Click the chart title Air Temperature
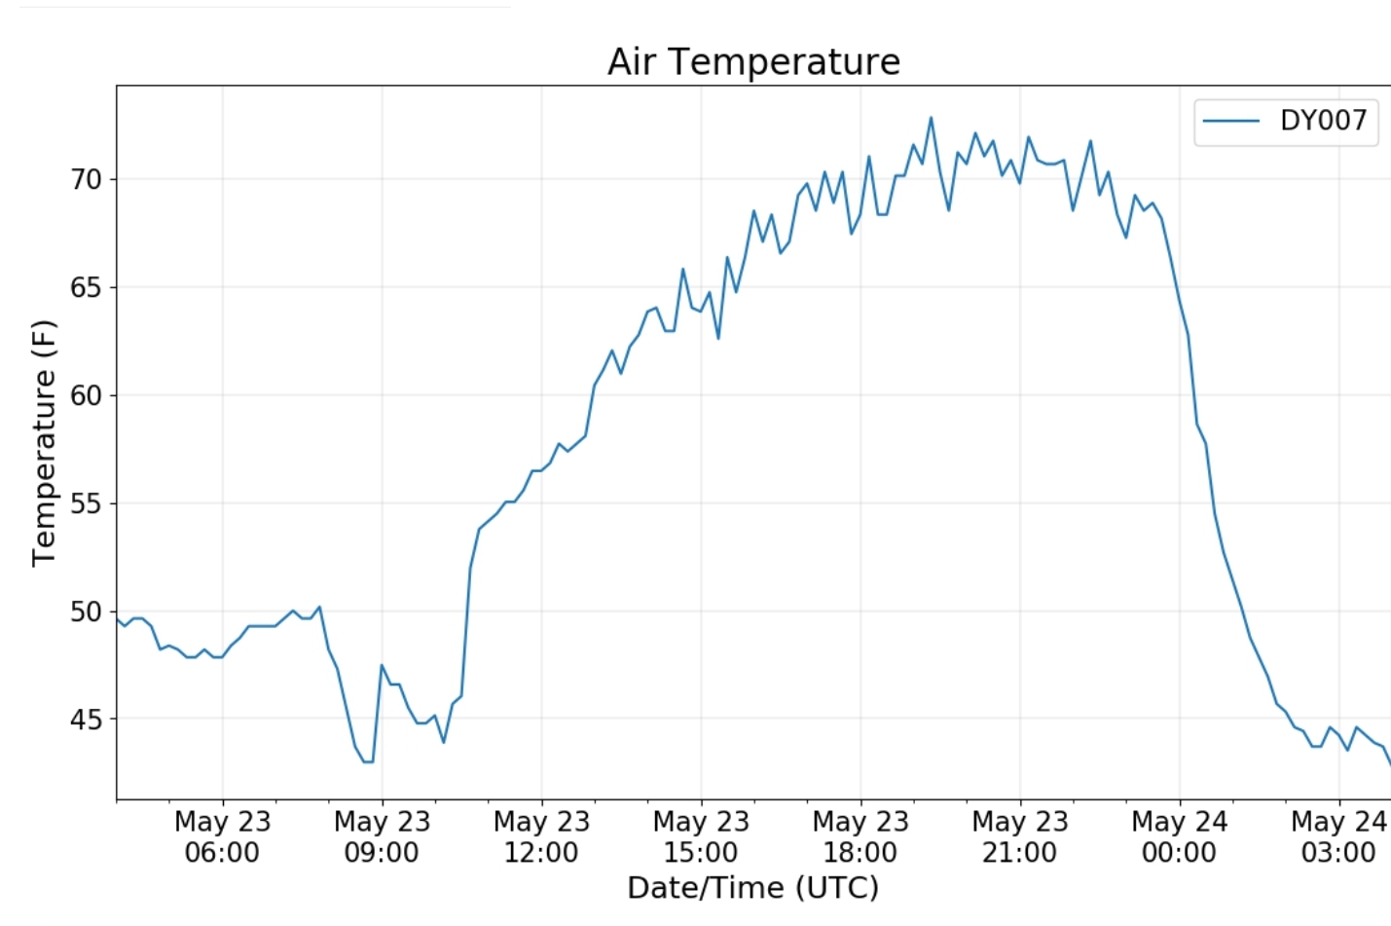pos(753,62)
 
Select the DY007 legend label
pos(1323,121)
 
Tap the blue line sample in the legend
pos(1231,121)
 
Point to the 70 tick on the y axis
pos(86,180)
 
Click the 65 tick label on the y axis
pos(86,288)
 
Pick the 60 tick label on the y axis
pos(86,396)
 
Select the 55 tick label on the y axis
pos(86,504)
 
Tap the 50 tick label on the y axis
pos(86,612)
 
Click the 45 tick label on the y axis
pos(86,721)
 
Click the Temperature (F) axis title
pos(44,443)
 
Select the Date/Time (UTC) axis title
pos(752,888)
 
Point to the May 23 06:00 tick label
pos(222,837)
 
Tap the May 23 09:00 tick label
pos(382,837)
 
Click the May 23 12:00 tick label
pos(541,837)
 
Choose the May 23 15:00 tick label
pos(701,837)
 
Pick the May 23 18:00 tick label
pos(860,837)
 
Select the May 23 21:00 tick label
pos(1020,837)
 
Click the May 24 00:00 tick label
pos(1179,837)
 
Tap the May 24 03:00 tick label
pos(1338,837)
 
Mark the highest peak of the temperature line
pos(931,118)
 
